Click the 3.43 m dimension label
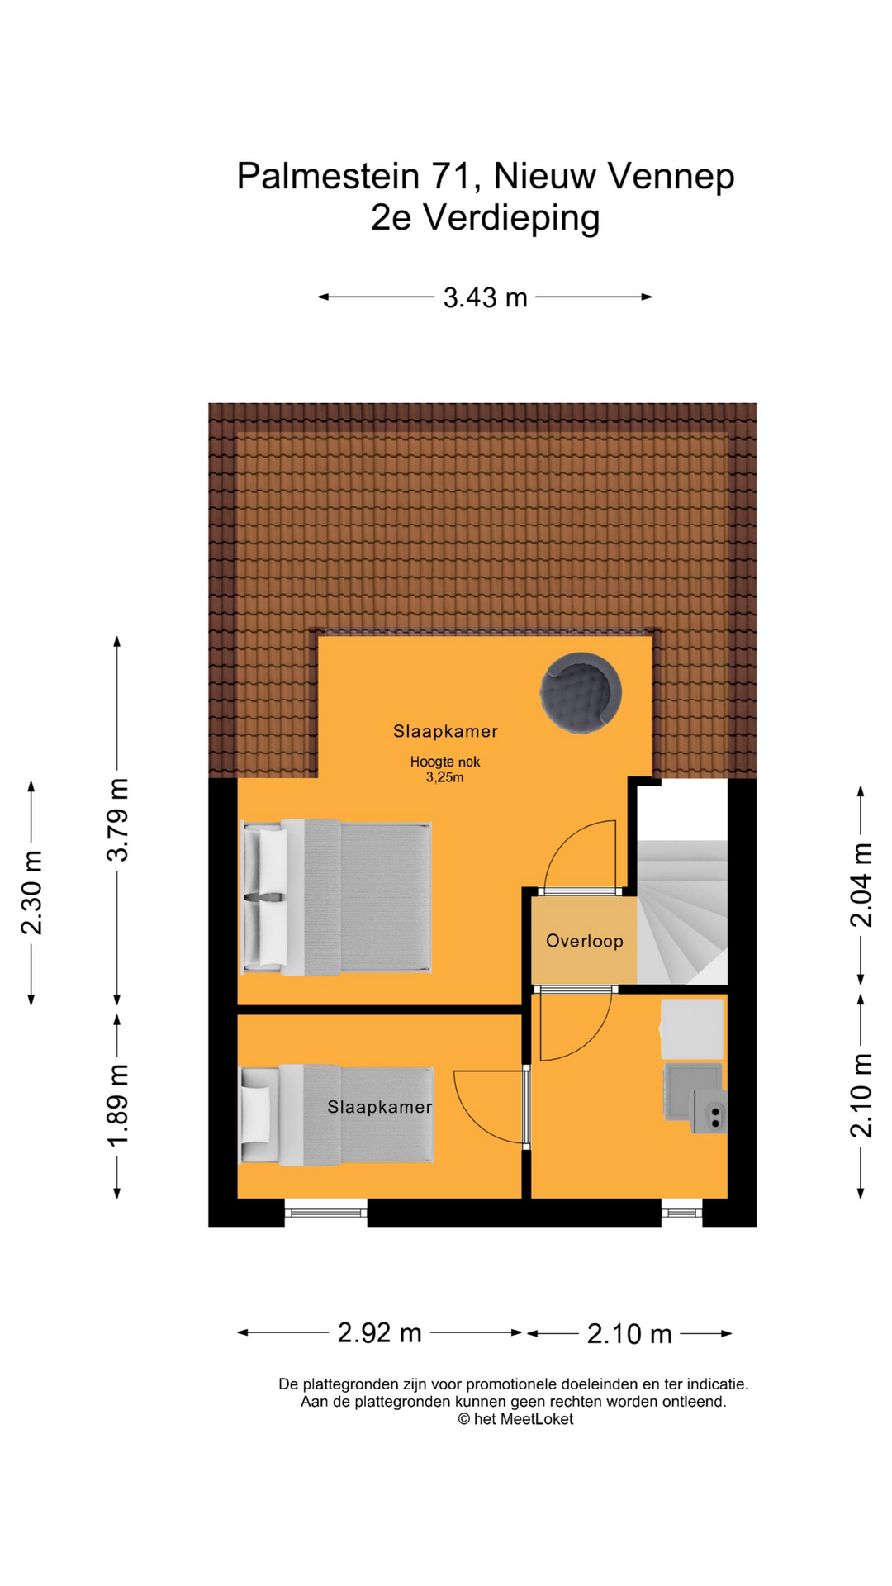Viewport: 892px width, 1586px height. [x=485, y=297]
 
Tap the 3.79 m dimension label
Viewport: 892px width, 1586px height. [x=118, y=820]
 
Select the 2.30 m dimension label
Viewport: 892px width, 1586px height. [x=31, y=892]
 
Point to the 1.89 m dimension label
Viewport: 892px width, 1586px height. [x=118, y=1105]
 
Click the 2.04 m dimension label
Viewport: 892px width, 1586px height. [x=861, y=885]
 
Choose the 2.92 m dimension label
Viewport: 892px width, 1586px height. [x=380, y=1332]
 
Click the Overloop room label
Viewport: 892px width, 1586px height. [x=584, y=941]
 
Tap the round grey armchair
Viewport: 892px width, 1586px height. [x=581, y=693]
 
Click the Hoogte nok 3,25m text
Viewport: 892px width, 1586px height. [x=445, y=769]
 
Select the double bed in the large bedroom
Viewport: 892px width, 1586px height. [x=337, y=897]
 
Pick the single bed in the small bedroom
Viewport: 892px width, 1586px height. [x=337, y=1115]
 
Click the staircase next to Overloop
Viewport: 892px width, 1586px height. [x=682, y=909]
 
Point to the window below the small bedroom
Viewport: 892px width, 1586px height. [x=326, y=1212]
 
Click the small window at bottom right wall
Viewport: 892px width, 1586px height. [x=681, y=1212]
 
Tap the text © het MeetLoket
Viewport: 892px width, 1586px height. [x=515, y=1419]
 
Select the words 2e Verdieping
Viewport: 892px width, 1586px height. [x=485, y=218]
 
